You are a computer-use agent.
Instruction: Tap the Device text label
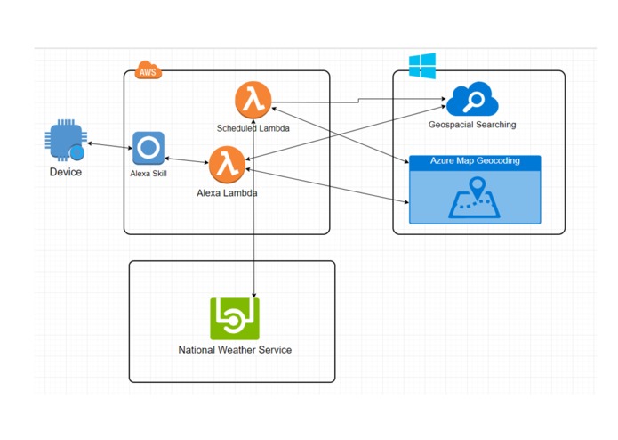coord(65,172)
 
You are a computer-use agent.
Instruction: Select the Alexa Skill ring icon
coord(148,147)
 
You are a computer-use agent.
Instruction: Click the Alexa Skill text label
coord(148,174)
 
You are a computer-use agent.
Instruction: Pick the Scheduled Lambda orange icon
coord(253,97)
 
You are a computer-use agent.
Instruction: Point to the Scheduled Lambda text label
coord(253,128)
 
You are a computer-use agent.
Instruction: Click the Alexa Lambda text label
coord(228,192)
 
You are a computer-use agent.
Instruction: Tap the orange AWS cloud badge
coord(148,69)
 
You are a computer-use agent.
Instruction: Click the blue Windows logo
coord(421,65)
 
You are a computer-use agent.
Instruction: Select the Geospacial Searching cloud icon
coord(472,100)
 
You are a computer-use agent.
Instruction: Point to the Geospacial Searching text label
coord(472,125)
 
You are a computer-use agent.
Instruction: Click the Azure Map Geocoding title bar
coord(475,161)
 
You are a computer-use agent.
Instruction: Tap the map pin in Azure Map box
coord(477,189)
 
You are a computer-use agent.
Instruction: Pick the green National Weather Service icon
coord(235,318)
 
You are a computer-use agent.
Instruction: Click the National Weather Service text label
coord(235,350)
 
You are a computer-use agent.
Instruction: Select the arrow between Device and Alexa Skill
coord(108,144)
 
